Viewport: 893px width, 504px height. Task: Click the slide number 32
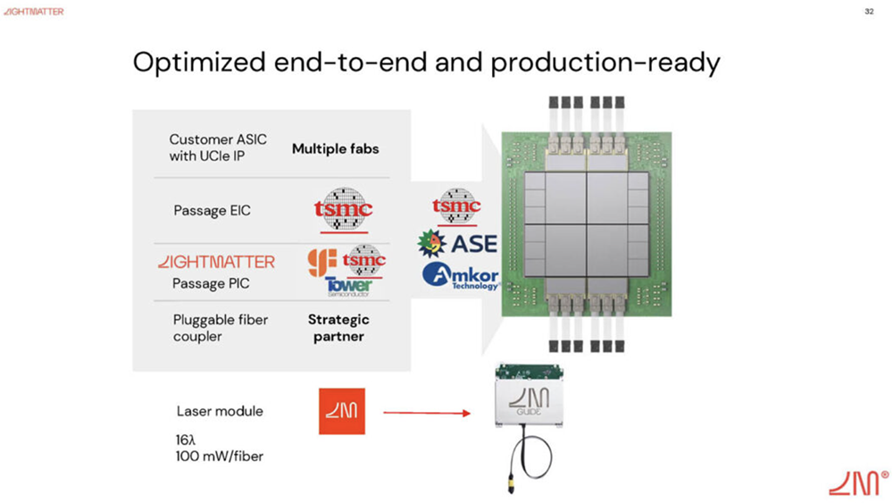(869, 12)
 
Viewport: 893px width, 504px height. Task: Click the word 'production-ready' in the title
(605, 63)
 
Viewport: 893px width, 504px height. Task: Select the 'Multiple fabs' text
(335, 148)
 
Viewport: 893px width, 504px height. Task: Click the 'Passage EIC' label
(212, 211)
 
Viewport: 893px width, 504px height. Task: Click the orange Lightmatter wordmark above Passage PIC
(216, 262)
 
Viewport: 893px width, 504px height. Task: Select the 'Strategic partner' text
(338, 328)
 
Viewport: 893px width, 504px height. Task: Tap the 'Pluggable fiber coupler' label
(221, 328)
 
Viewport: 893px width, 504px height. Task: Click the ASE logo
(458, 243)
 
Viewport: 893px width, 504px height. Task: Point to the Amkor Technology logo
(461, 275)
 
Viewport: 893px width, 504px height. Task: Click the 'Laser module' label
(220, 412)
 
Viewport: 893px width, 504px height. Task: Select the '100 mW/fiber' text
(220, 457)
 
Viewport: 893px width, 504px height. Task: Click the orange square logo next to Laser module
(342, 411)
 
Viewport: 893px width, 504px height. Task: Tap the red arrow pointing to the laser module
(427, 413)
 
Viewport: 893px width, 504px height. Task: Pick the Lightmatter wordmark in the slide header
(33, 12)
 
